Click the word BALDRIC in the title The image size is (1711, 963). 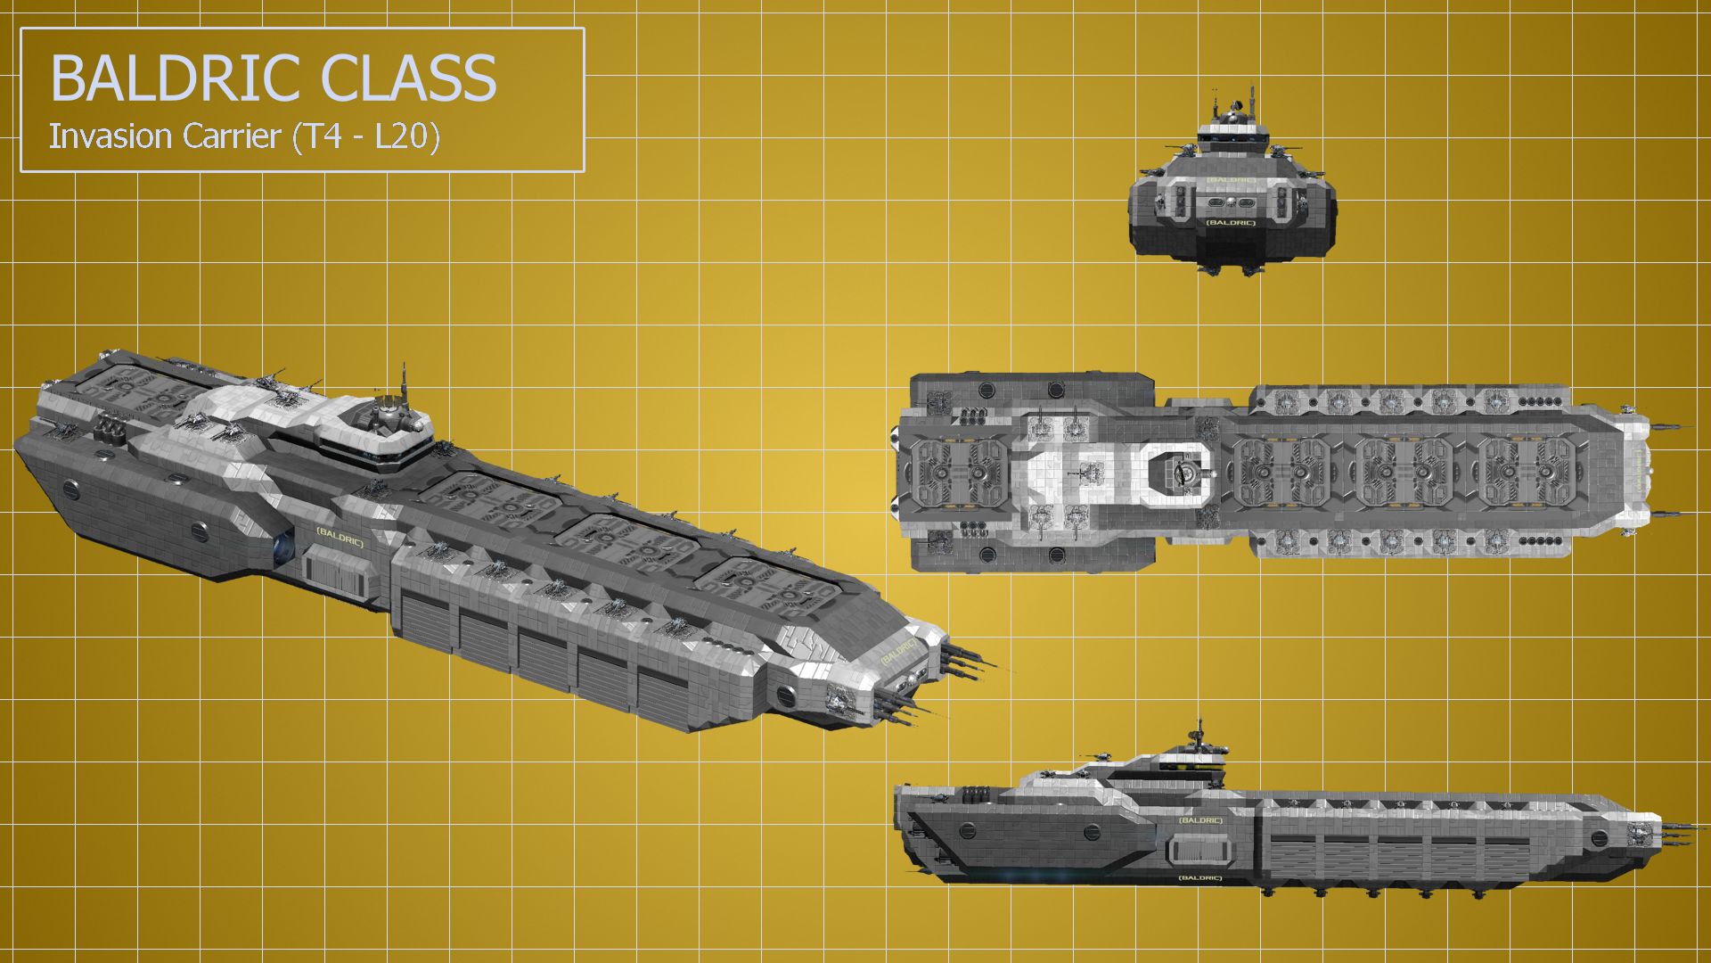click(178, 78)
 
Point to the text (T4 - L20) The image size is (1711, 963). click(365, 137)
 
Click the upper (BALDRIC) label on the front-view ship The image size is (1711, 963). click(1231, 180)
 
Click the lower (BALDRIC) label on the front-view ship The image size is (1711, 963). click(1230, 222)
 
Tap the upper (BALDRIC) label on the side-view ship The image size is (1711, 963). click(1199, 819)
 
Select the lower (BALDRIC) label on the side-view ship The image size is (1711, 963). click(1199, 878)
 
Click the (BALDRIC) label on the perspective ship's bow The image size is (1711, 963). click(898, 652)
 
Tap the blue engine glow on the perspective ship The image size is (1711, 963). click(284, 547)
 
